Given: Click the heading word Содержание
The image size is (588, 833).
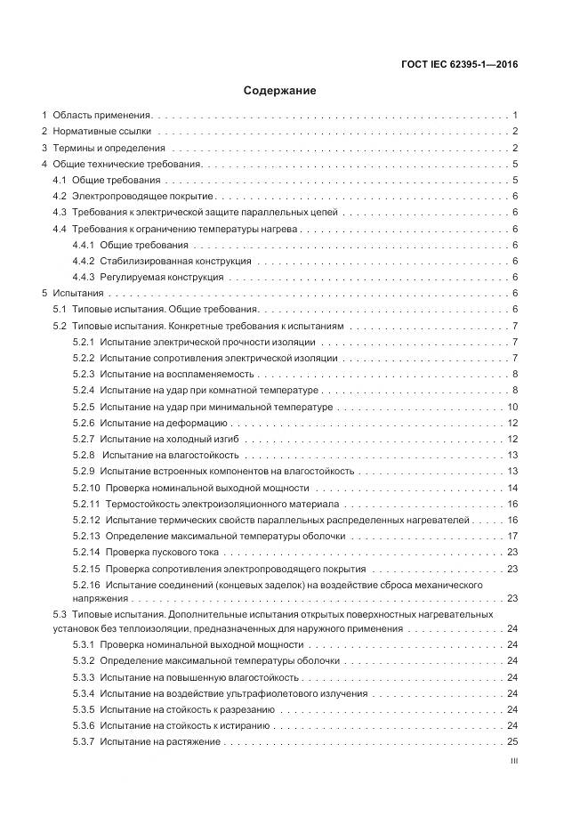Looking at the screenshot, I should coord(279,91).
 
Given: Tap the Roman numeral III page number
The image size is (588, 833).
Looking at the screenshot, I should coord(513,761).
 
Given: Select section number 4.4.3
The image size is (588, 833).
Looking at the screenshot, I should coord(83,278).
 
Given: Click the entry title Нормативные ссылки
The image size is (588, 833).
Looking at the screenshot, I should coord(102,132).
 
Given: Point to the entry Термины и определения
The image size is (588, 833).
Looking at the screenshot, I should coord(109,148).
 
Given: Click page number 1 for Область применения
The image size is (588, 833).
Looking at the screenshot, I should coord(515,116).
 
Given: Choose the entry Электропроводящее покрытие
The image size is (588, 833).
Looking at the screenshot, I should coord(143,197).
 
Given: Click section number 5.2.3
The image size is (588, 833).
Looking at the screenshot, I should coord(83,375).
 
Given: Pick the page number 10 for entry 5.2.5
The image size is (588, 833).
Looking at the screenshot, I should coord(512,408).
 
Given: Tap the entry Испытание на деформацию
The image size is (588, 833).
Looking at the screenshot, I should coord(152,424).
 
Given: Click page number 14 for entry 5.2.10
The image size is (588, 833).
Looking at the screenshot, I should coord(512,489).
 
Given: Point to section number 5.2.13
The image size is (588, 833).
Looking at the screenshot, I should coord(85,537).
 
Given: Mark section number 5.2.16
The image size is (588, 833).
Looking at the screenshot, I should coord(85,585).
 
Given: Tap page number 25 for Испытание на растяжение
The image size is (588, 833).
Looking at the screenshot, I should coord(512,742).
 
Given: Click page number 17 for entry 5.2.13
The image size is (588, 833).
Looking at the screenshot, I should coord(512,537).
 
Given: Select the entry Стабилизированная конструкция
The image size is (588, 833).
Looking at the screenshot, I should coord(175,262).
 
